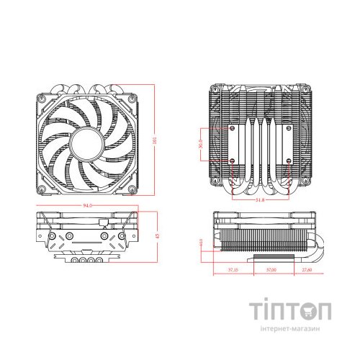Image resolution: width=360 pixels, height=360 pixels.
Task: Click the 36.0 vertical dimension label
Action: coord(201,141)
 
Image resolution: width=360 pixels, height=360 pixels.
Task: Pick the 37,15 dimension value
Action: coord(233,270)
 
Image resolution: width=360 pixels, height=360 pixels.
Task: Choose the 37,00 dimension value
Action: coord(271,270)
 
